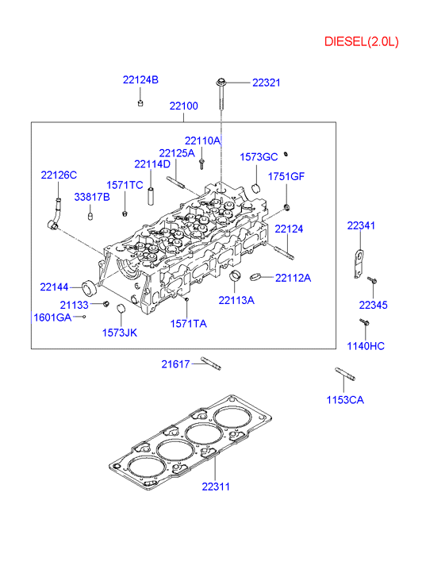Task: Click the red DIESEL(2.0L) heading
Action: coord(361,41)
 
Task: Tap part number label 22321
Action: coord(266,83)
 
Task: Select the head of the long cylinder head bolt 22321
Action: coord(221,82)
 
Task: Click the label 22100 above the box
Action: coord(183,106)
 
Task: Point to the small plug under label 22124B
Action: coord(140,102)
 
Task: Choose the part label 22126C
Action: coord(59,175)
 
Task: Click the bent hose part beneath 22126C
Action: coord(55,214)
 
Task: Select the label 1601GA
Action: coord(52,317)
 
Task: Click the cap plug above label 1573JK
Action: coord(121,309)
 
